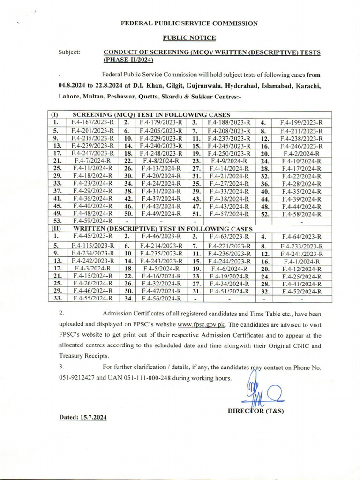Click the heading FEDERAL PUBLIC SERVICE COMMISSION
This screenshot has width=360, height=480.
[x=189, y=22]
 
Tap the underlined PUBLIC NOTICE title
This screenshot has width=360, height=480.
[x=189, y=37]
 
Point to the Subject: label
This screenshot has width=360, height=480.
[x=69, y=52]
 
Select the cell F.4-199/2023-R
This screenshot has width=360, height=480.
[x=301, y=123]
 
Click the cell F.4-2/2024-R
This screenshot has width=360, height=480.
[x=301, y=154]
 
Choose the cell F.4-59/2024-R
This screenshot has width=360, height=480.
[x=92, y=221]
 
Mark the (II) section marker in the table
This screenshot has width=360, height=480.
[x=54, y=228]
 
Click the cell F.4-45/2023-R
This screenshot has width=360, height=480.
[x=92, y=237]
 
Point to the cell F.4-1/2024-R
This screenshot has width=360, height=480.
[x=301, y=262]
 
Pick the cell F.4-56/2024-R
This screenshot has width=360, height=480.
[x=160, y=298]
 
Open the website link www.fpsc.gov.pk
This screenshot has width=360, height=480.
[x=199, y=324]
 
